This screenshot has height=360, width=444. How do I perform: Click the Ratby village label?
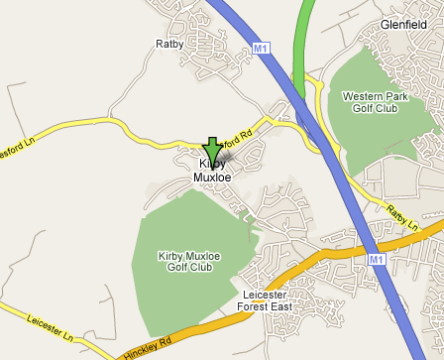coord(170,44)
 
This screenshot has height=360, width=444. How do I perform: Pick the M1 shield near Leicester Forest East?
coord(377,259)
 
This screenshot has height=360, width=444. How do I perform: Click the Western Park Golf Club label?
coord(369,102)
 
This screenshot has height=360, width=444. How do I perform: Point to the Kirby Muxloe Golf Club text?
coord(185,262)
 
